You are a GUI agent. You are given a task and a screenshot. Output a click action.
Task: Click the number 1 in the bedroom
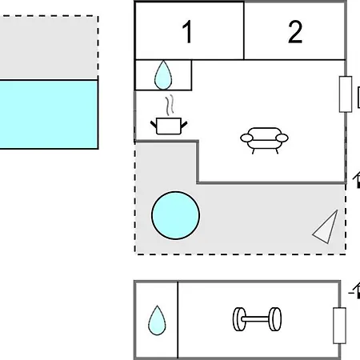click(x=187, y=32)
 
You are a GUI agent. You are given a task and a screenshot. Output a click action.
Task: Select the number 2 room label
click(x=295, y=32)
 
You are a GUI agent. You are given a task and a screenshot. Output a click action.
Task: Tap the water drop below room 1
click(x=163, y=75)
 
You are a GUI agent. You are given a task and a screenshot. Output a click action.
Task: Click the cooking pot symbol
click(x=169, y=126)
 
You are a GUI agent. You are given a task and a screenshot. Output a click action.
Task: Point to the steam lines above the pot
click(x=170, y=106)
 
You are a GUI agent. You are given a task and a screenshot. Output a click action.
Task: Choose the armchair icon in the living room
click(x=264, y=141)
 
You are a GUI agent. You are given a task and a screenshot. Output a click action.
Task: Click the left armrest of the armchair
click(x=246, y=138)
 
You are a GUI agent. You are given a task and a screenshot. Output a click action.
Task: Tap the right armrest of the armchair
click(x=282, y=138)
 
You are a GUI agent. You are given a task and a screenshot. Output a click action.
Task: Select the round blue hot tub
click(x=175, y=215)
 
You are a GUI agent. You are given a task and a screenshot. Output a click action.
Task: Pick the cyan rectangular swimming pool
click(x=49, y=114)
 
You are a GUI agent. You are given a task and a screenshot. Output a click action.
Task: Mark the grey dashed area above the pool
click(x=49, y=47)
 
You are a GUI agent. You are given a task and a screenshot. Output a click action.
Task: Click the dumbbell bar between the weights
click(x=257, y=319)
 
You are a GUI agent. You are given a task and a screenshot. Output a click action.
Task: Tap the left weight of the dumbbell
click(x=239, y=319)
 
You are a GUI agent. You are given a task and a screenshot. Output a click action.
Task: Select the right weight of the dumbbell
click(x=275, y=319)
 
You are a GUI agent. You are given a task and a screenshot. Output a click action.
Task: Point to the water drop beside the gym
click(x=157, y=320)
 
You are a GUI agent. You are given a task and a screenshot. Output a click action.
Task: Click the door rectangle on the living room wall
click(x=346, y=94)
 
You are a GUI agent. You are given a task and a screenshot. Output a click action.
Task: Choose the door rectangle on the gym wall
click(x=339, y=326)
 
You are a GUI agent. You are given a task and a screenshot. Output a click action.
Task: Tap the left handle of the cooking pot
click(x=154, y=125)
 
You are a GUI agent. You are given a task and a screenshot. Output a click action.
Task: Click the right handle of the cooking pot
click(x=184, y=125)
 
